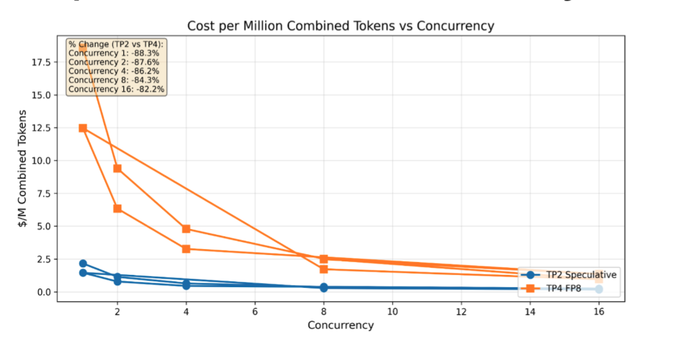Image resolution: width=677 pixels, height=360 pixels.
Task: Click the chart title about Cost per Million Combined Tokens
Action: point(340,26)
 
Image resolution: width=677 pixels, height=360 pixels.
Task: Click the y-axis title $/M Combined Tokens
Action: point(23,168)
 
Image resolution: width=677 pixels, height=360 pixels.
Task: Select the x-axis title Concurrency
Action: point(340,325)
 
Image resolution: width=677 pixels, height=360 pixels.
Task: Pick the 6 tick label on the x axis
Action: point(255,311)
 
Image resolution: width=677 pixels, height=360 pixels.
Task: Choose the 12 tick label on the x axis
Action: point(461,311)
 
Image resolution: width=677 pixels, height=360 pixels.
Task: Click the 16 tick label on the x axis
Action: point(598,311)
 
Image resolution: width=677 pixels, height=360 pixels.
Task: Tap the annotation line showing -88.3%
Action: point(113,53)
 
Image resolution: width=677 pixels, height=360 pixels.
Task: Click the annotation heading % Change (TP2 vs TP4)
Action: point(116,44)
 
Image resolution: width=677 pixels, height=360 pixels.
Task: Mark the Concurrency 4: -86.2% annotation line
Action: point(113,71)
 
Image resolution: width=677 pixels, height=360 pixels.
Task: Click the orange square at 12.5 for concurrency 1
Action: point(83,128)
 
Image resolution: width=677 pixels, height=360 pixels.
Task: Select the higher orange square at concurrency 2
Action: point(117,168)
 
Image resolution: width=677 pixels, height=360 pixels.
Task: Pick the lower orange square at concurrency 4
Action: point(186,248)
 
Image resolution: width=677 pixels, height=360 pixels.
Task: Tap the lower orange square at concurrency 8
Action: point(324,269)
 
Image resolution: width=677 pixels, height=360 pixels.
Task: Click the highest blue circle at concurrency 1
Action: point(83,263)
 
